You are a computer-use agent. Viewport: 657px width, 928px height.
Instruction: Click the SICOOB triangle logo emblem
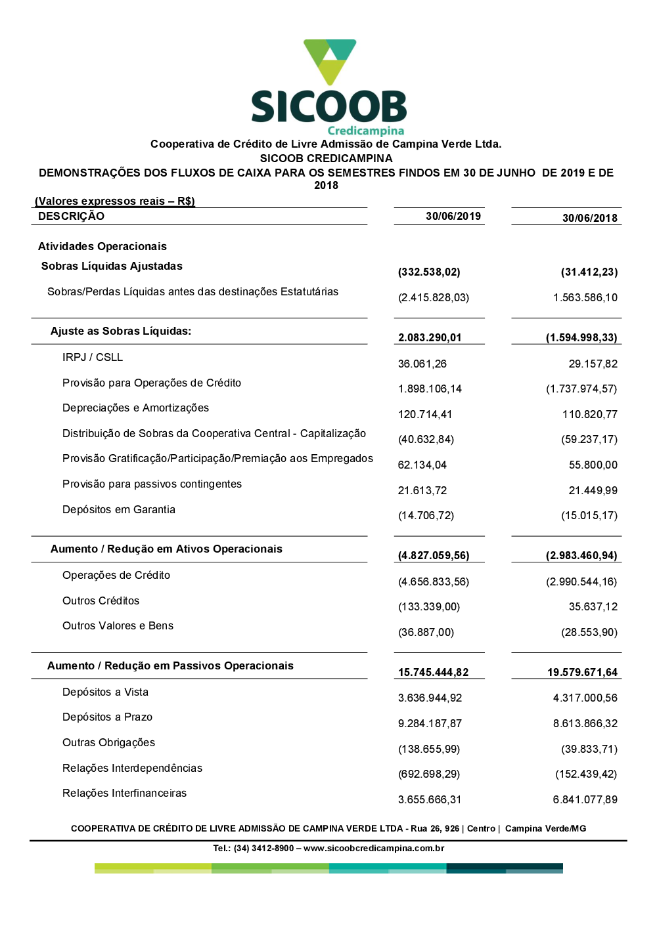[330, 61]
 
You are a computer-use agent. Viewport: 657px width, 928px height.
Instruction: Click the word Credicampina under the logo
[365, 131]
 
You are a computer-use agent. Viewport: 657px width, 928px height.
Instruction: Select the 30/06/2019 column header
[453, 217]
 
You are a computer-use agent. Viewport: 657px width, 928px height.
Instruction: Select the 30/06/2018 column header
[589, 219]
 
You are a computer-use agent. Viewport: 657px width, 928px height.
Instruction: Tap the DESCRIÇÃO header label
[71, 217]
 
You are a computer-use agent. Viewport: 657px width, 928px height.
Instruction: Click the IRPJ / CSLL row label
[93, 358]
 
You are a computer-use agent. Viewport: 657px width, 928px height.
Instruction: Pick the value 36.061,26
[422, 364]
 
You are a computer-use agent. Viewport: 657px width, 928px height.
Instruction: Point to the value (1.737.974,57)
[581, 389]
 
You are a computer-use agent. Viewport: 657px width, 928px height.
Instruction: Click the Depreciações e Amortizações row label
[135, 408]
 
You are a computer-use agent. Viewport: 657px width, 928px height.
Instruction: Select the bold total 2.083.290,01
[430, 338]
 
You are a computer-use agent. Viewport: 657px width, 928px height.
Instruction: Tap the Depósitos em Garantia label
[119, 510]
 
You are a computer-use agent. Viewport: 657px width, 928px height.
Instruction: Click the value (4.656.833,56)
[434, 582]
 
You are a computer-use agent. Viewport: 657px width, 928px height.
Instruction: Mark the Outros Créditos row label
[101, 601]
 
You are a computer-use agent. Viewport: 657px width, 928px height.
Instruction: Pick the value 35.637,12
[593, 607]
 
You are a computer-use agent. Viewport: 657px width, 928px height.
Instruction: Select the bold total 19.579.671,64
[582, 673]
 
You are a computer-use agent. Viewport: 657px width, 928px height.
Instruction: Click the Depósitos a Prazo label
[107, 717]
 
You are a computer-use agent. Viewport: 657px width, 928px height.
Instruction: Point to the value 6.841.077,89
[585, 800]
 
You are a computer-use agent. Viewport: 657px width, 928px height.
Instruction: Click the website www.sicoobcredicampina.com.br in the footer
[374, 849]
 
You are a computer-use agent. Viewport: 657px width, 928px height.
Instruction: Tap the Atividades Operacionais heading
[102, 247]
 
